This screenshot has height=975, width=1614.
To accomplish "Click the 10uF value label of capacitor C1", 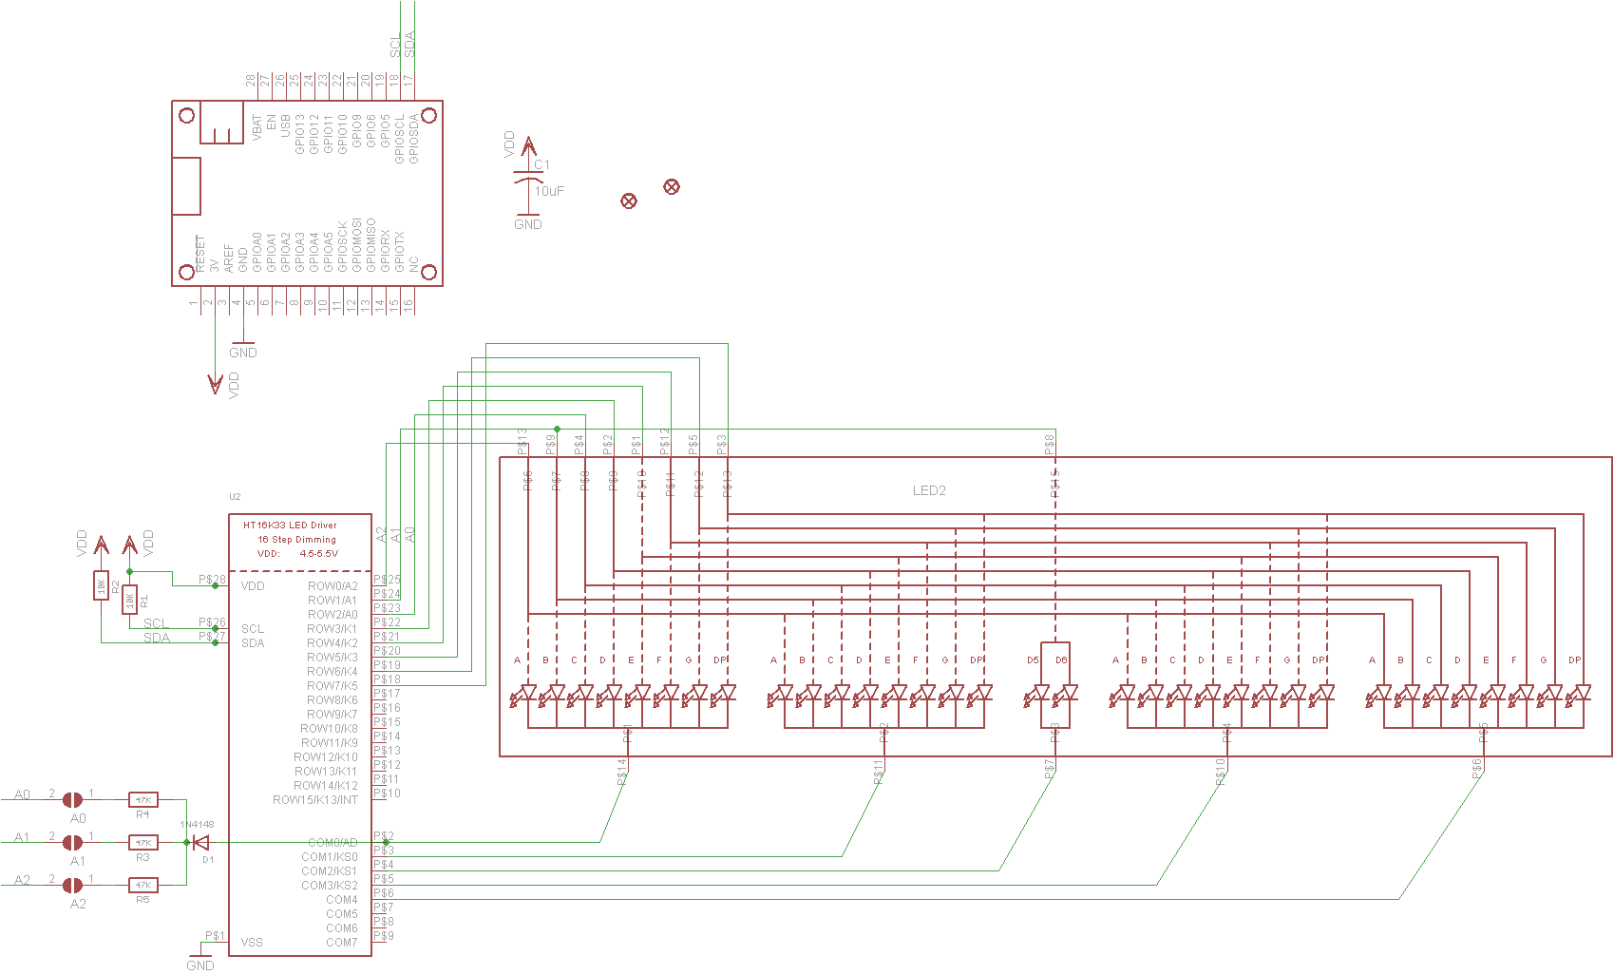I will tap(549, 191).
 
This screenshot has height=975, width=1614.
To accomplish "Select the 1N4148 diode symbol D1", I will tap(200, 842).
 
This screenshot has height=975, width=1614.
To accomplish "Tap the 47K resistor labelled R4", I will tap(142, 800).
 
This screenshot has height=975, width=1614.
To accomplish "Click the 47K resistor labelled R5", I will tap(142, 885).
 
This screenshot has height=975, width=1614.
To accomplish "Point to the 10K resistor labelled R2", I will tap(102, 586).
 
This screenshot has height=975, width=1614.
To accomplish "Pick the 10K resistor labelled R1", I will tap(130, 600).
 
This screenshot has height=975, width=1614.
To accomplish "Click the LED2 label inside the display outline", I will tap(929, 490).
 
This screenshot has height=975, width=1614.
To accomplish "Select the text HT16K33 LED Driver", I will tap(290, 525).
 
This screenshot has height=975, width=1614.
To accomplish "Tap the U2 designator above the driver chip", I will tap(235, 497).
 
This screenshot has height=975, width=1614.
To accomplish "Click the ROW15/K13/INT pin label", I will tap(315, 800).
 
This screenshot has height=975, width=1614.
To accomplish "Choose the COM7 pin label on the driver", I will tap(342, 943).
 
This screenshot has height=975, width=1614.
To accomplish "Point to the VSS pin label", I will tap(252, 943).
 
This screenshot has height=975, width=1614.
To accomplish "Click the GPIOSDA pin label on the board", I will tap(414, 139).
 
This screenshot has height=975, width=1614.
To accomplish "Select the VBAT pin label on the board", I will tap(257, 127).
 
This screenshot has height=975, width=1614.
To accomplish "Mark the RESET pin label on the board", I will tap(199, 254).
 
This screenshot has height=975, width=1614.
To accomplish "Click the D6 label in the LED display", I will tap(1061, 660).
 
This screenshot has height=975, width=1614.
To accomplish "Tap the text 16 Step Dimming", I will tap(296, 539).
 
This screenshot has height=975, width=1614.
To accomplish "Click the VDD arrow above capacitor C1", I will tap(529, 146).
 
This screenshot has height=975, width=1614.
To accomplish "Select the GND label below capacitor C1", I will tap(528, 224).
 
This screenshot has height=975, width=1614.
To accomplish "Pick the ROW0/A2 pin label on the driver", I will tap(332, 586).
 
